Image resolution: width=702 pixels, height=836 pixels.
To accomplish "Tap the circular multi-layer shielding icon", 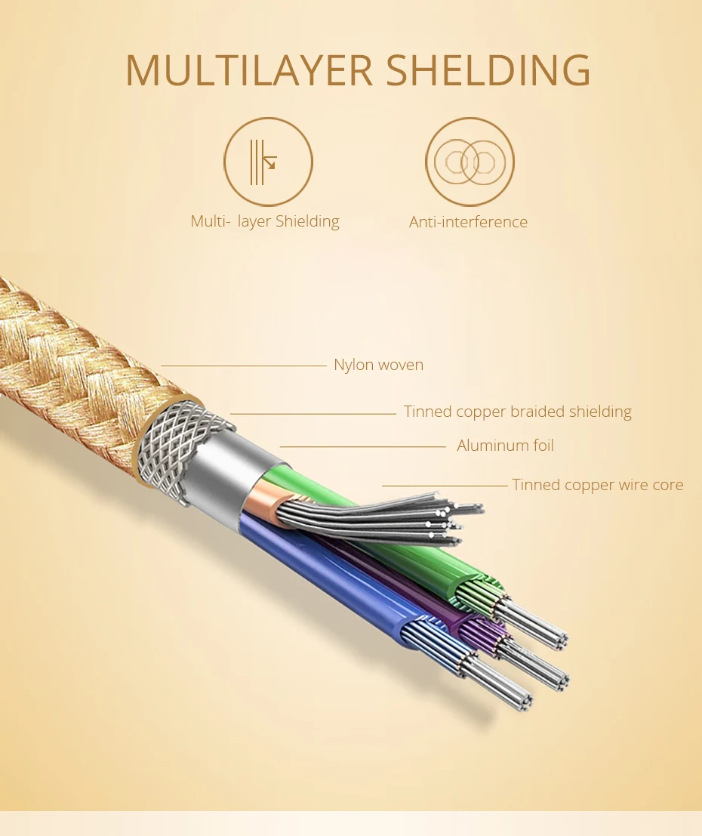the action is (x=268, y=162).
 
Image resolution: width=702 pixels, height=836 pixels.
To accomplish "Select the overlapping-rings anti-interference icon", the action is (x=470, y=162).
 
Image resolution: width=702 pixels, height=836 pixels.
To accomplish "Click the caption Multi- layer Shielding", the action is (x=265, y=221).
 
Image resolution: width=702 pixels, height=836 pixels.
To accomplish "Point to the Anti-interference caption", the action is (x=468, y=222).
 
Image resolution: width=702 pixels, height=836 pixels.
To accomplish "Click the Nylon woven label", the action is (x=378, y=365).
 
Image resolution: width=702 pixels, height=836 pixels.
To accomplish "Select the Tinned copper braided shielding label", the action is (x=518, y=412).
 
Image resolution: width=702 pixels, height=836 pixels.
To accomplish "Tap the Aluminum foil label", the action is (x=505, y=446).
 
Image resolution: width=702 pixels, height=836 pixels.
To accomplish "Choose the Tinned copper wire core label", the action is (x=598, y=485).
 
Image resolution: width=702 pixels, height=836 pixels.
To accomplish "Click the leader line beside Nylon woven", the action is (x=244, y=366).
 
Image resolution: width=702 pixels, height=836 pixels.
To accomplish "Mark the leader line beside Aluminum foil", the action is (x=363, y=447).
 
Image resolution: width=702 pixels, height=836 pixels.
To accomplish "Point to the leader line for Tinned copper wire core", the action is (x=445, y=486).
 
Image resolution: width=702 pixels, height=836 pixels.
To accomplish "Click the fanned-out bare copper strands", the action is (x=383, y=520).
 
